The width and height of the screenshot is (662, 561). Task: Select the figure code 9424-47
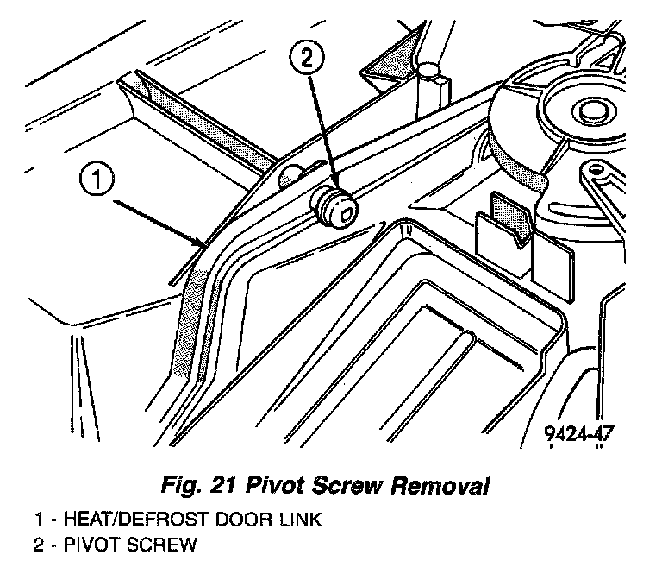tap(578, 433)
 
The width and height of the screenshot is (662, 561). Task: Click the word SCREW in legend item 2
tap(169, 545)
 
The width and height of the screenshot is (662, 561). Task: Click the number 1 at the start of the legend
tap(38, 520)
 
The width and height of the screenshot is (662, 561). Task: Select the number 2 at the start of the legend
tap(38, 545)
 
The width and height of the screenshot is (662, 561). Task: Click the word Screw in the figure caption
tap(350, 486)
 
